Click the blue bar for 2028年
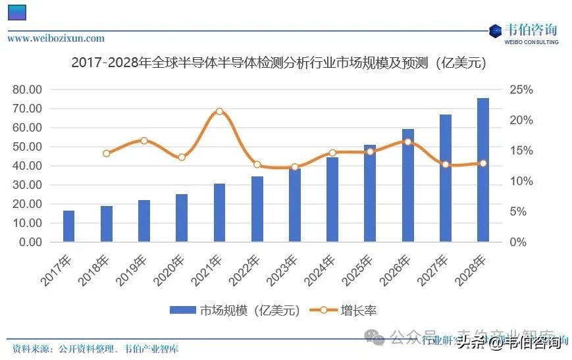[x=482, y=170]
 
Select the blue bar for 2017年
[x=68, y=226]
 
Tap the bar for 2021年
[x=219, y=213]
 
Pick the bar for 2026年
[x=408, y=186]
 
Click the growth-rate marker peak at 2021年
[x=219, y=112]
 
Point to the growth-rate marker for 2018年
[x=107, y=153]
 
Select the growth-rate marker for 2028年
[x=482, y=163]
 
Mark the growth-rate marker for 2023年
[x=295, y=167]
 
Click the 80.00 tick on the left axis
[x=27, y=90]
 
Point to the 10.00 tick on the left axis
[x=27, y=223]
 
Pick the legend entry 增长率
[x=349, y=311]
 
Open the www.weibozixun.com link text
[x=56, y=39]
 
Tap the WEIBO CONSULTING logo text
[x=531, y=42]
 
